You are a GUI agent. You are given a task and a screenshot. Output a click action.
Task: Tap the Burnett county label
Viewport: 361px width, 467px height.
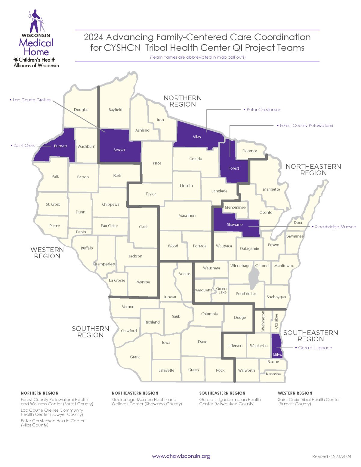point(60,146)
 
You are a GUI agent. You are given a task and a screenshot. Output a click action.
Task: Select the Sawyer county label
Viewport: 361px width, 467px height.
point(119,150)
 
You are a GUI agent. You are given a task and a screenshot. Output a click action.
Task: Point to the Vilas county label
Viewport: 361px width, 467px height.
point(197,137)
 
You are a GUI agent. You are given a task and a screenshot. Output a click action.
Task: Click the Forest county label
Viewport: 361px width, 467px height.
point(233,168)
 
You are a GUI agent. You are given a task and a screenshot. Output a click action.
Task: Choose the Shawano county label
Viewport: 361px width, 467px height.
point(235,225)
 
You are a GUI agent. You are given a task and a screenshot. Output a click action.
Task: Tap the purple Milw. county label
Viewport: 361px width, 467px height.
point(277,355)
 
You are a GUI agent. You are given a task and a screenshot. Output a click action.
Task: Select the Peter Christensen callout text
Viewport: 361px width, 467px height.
point(264,110)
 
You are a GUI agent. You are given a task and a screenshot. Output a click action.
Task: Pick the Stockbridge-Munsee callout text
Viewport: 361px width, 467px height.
point(335,227)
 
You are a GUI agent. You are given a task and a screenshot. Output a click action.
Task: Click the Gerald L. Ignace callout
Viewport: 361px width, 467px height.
point(315,348)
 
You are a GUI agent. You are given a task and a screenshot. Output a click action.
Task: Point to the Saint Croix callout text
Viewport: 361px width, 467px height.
point(24,146)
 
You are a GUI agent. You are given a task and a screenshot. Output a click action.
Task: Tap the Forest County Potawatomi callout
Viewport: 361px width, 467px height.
point(306,126)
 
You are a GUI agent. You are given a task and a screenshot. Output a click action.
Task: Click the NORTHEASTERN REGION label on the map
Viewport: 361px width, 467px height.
point(313,170)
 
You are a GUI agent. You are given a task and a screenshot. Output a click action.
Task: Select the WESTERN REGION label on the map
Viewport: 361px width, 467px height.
point(47,253)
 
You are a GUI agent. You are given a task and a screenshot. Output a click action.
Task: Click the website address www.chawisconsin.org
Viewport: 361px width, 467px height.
point(181,456)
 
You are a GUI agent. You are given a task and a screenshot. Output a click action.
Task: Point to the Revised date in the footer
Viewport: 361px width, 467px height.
point(332,456)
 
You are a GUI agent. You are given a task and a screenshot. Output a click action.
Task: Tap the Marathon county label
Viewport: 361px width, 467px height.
point(187,216)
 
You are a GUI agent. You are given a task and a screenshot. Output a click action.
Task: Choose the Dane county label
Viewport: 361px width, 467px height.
point(202,342)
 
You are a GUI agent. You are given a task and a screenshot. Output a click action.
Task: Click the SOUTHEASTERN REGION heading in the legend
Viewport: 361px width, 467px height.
point(222,393)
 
